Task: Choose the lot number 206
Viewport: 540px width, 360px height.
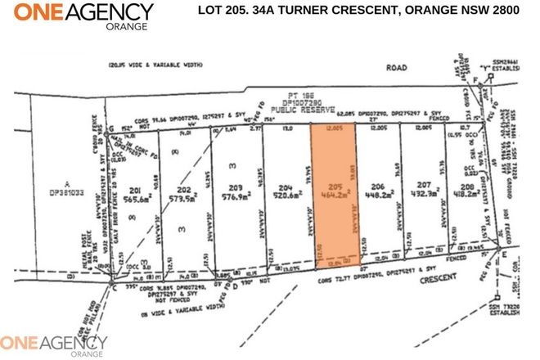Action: coord(377,186)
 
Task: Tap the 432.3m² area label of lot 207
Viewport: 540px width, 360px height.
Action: coord(424,196)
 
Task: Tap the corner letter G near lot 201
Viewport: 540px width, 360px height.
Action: coord(110,129)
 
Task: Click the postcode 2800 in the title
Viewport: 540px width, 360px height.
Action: coord(502,11)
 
